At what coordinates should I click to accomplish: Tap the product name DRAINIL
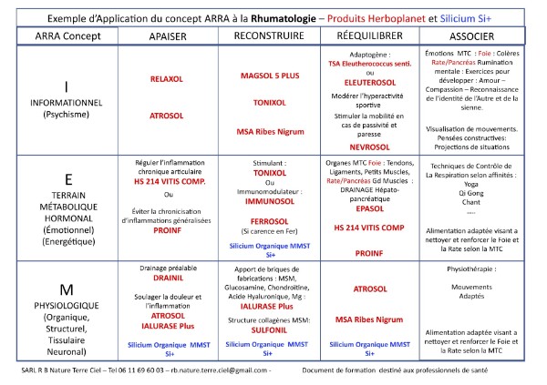pyautogui.click(x=168, y=280)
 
